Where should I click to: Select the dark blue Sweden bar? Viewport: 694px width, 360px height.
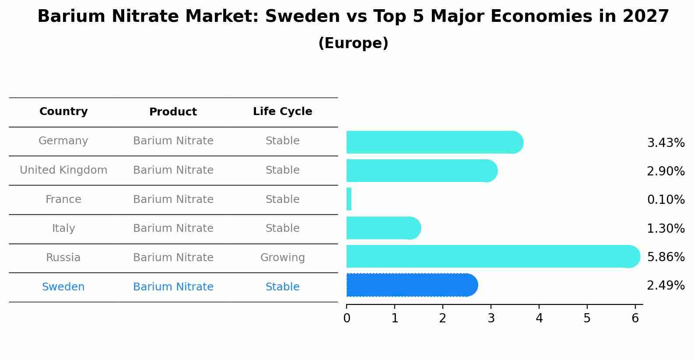click(411, 285)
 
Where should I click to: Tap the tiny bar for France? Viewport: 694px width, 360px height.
click(349, 199)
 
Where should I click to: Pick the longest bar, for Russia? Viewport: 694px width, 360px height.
click(492, 257)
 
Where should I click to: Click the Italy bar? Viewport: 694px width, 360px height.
click(383, 228)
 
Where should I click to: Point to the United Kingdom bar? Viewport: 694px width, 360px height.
click(421, 171)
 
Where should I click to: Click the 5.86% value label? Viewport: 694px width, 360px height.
click(666, 257)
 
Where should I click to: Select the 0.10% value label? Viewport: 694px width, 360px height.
click(666, 200)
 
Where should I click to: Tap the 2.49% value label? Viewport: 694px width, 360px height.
click(666, 286)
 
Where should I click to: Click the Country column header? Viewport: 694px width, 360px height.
click(63, 112)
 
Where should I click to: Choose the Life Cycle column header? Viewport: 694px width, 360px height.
click(283, 112)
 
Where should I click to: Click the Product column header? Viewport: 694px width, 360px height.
click(173, 112)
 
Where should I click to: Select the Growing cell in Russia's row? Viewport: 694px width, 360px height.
click(283, 258)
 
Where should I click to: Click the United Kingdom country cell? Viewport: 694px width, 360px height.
click(63, 170)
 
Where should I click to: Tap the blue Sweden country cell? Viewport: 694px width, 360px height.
click(63, 287)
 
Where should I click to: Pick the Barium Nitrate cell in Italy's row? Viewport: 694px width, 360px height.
click(173, 228)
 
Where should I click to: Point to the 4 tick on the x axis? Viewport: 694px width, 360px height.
click(539, 318)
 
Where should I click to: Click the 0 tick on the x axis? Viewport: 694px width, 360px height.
click(347, 318)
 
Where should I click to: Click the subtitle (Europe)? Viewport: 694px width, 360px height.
click(353, 43)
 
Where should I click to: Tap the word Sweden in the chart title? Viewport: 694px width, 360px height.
click(302, 17)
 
